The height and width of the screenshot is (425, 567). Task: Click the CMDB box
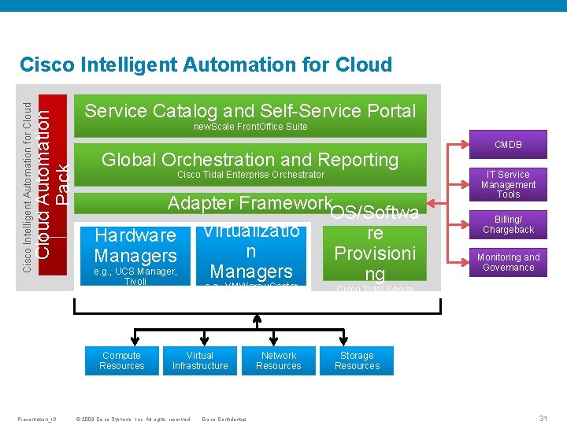pyautogui.click(x=508, y=145)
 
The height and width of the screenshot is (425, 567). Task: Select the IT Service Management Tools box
pyautogui.click(x=508, y=184)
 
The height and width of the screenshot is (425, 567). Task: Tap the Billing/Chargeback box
pyautogui.click(x=508, y=224)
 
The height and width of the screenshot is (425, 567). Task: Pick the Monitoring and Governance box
pyautogui.click(x=508, y=262)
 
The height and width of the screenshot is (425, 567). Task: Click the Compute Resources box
pyautogui.click(x=122, y=360)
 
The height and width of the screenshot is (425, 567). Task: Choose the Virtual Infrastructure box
pyautogui.click(x=200, y=360)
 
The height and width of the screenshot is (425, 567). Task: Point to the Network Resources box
pyautogui.click(x=279, y=360)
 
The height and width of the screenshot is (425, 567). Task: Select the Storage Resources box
pyautogui.click(x=357, y=360)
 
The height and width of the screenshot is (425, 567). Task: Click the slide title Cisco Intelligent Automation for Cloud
pyautogui.click(x=206, y=65)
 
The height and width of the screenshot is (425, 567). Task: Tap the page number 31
pyautogui.click(x=543, y=418)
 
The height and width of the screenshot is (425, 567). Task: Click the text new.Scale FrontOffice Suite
pyautogui.click(x=250, y=127)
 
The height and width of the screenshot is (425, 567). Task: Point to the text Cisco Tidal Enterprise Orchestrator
pyautogui.click(x=250, y=175)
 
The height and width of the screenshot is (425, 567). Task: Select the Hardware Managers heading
pyautogui.click(x=135, y=245)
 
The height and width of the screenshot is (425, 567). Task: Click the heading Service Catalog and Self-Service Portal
pyautogui.click(x=250, y=111)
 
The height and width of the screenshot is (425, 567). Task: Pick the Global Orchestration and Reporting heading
pyautogui.click(x=250, y=160)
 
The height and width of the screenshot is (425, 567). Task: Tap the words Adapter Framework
pyautogui.click(x=249, y=203)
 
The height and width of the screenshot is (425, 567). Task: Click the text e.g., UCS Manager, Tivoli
pyautogui.click(x=135, y=276)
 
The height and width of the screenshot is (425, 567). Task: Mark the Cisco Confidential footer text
pyautogui.click(x=224, y=419)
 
